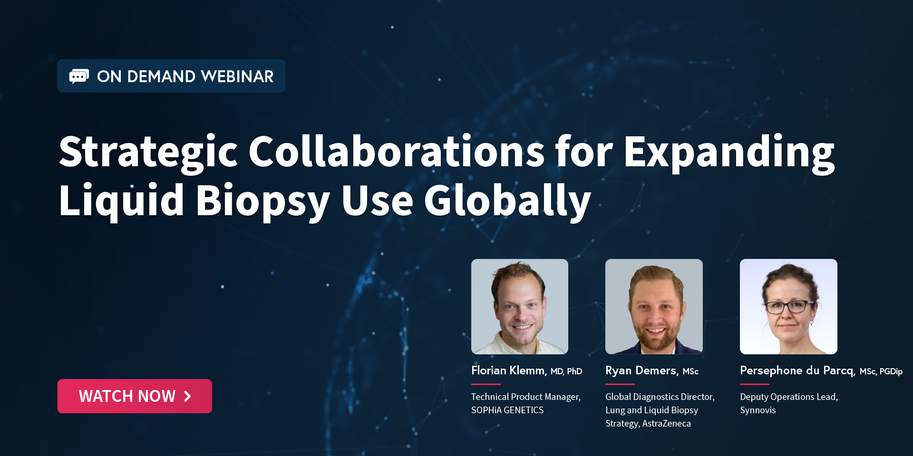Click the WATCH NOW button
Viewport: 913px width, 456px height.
(135, 396)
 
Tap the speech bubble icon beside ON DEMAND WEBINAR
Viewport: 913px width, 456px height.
(79, 76)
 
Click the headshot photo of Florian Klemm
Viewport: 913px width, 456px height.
(520, 306)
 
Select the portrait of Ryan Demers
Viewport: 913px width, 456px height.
(654, 306)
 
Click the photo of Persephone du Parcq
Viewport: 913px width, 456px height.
(788, 306)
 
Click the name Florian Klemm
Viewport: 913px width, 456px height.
(509, 370)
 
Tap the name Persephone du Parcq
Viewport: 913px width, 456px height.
(797, 370)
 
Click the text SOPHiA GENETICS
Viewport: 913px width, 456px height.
(507, 410)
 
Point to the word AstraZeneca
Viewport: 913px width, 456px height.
(667, 423)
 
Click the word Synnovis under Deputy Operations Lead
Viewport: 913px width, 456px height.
(758, 410)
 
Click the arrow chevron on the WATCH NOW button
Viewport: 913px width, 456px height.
(187, 396)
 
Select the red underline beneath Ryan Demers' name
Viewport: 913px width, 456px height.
(620, 384)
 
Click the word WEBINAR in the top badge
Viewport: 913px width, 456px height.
(237, 76)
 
